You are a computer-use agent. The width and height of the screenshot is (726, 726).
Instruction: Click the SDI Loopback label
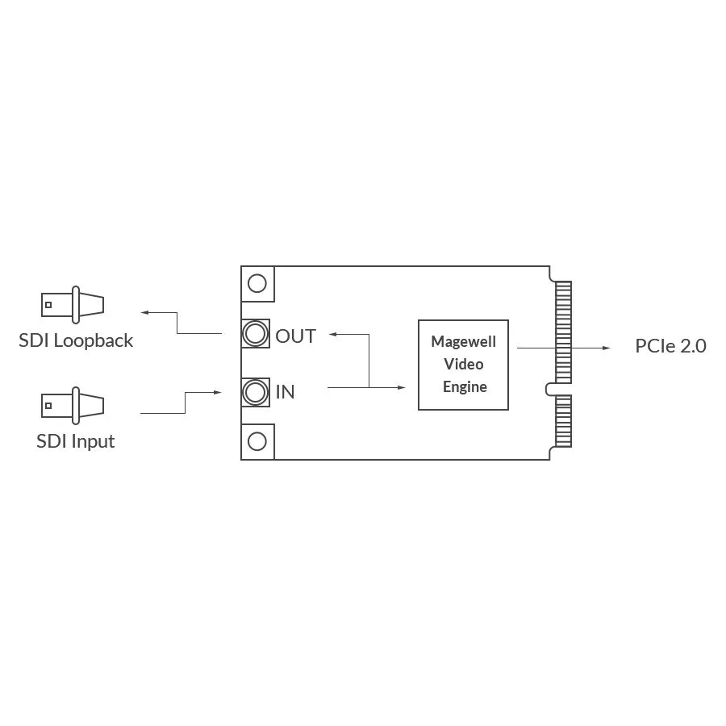pos(76,340)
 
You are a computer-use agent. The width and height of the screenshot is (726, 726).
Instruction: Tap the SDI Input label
pos(76,441)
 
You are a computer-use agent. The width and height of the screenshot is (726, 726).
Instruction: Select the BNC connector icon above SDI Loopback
pos(73,305)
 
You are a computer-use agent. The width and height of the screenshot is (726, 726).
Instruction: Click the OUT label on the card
pos(296,336)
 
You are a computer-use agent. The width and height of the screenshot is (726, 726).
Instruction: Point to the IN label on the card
pos(286,392)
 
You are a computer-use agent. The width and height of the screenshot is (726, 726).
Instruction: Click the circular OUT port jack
pos(256,334)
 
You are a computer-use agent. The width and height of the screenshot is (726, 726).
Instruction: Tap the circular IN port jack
pos(256,392)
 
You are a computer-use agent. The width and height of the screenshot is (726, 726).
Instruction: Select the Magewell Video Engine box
pos(463,365)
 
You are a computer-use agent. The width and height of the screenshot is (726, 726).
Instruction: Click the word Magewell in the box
pos(463,341)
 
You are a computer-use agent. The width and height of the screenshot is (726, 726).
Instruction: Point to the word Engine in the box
pos(465,386)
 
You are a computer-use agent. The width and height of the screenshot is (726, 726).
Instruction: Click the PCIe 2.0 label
pos(670,346)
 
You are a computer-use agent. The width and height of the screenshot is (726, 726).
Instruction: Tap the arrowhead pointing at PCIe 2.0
pos(607,348)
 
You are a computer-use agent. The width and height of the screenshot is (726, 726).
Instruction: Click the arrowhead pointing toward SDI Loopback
pos(144,312)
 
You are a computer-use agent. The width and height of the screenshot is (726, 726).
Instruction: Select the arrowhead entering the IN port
pos(217,393)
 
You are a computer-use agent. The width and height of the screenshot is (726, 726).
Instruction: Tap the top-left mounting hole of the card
pos(257,283)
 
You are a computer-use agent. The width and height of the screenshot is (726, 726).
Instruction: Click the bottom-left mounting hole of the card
pos(257,441)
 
